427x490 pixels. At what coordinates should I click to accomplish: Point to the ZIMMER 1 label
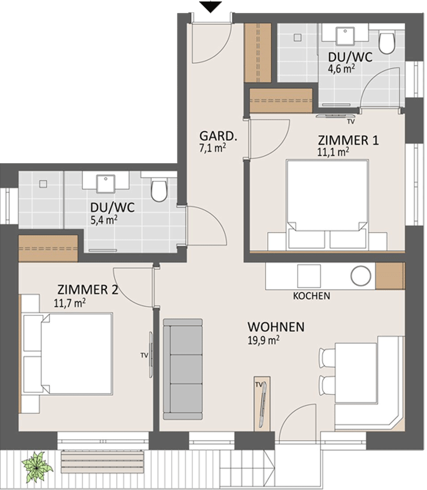(348, 140)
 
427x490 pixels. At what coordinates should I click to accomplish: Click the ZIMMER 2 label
(88, 290)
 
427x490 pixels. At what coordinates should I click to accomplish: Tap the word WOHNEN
(276, 327)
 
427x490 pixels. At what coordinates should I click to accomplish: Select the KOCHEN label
(311, 295)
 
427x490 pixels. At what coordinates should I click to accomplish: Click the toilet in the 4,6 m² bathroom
(387, 43)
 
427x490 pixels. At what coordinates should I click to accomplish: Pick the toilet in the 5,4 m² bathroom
(159, 190)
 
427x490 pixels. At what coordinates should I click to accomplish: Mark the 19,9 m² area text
(264, 340)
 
